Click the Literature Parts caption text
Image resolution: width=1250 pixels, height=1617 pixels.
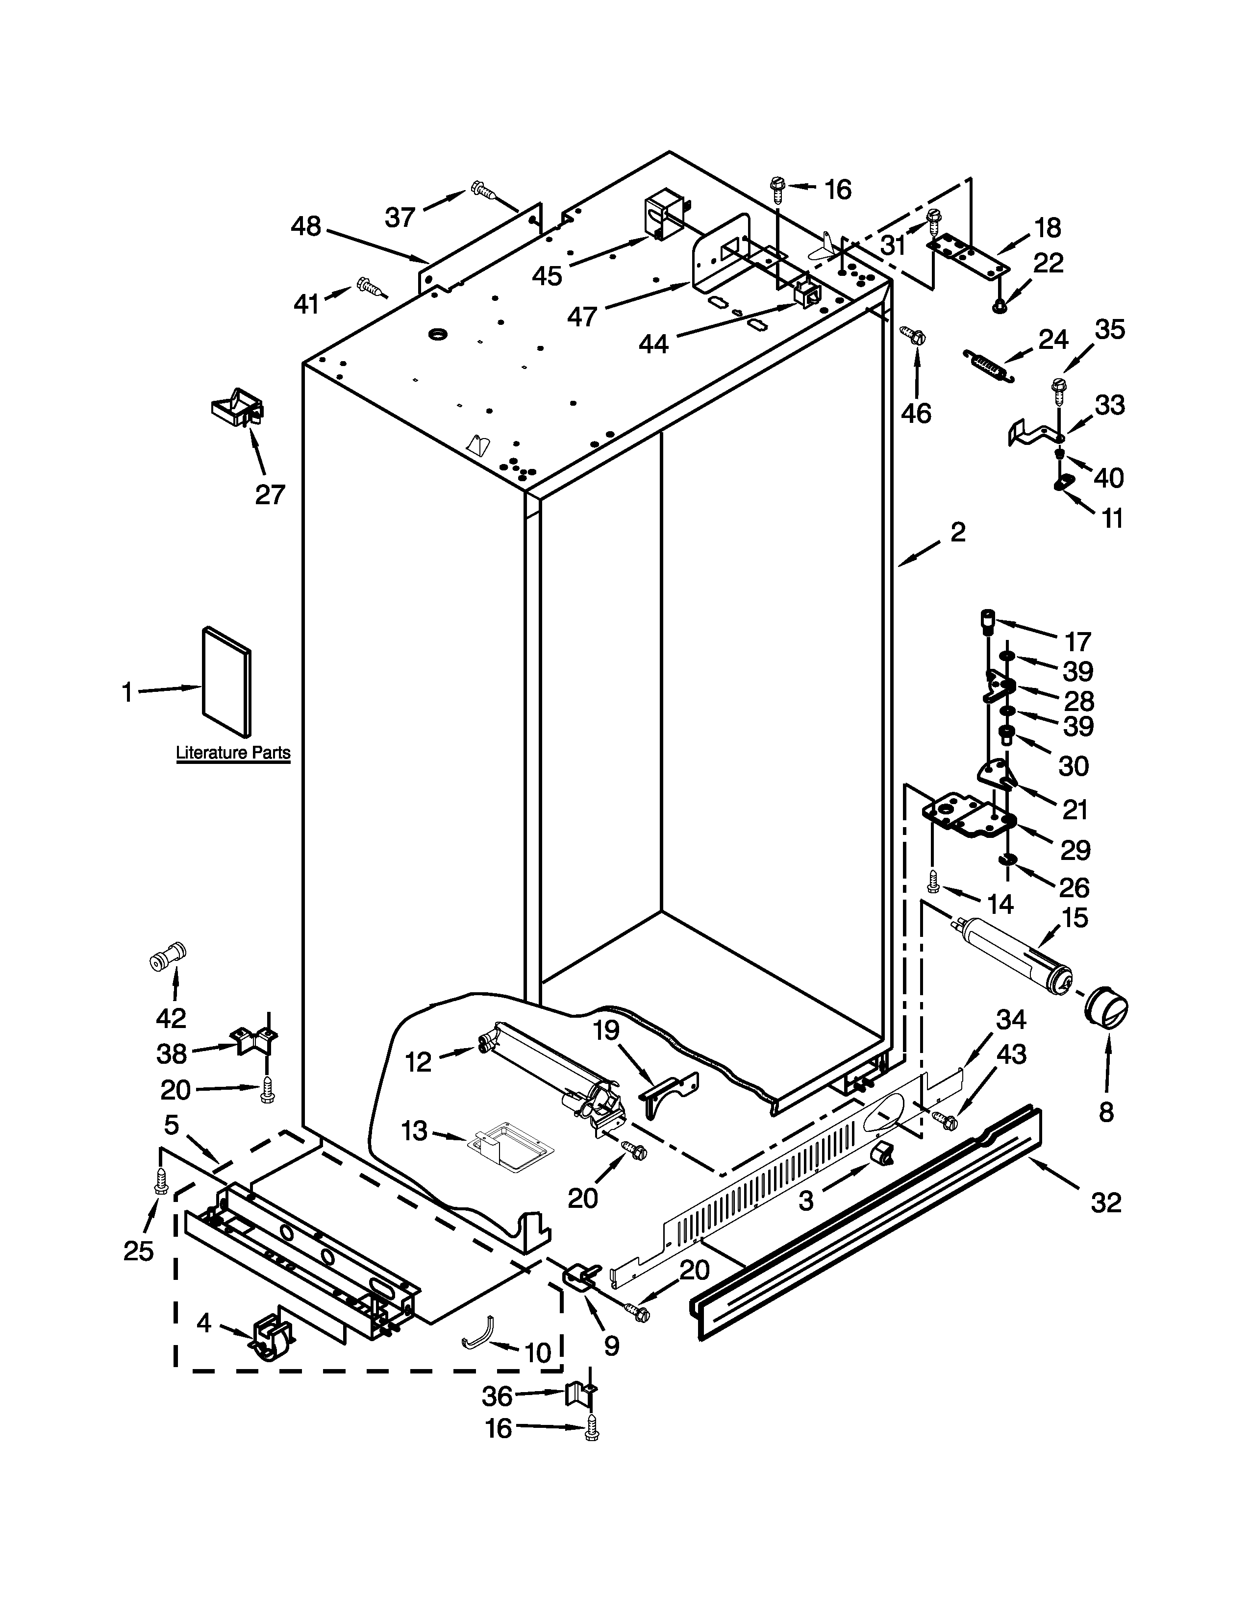(232, 754)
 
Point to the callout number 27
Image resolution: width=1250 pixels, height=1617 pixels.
(270, 494)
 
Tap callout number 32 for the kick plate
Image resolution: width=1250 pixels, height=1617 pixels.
(1106, 1202)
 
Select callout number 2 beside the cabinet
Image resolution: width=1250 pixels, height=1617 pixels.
(958, 532)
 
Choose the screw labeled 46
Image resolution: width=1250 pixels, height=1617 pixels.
(914, 336)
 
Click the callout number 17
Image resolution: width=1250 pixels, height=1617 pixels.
(1078, 641)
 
